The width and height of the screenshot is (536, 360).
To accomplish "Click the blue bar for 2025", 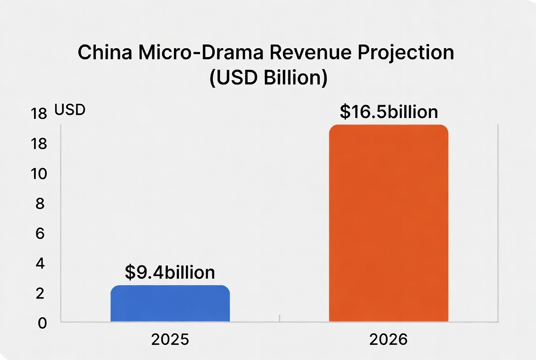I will (170, 304).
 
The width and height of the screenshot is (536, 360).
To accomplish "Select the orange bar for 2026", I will (388, 223).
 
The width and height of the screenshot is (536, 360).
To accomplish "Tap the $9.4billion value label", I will (170, 272).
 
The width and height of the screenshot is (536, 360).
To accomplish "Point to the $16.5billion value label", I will (389, 112).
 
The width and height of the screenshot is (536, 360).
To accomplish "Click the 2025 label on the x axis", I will (170, 340).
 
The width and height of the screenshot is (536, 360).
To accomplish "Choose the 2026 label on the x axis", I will (388, 340).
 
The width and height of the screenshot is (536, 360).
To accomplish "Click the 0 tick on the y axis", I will (42, 323).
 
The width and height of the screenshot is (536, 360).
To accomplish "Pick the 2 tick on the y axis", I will (40, 293).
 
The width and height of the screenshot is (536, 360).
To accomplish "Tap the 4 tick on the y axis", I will (40, 264).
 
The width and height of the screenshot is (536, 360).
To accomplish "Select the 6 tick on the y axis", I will (40, 234).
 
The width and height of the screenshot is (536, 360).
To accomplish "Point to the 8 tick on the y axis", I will (40, 204).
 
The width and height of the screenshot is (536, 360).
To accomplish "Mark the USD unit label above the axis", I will (70, 111).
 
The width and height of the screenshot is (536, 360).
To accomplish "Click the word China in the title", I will (105, 53).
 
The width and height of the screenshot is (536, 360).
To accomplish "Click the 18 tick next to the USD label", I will (39, 113).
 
